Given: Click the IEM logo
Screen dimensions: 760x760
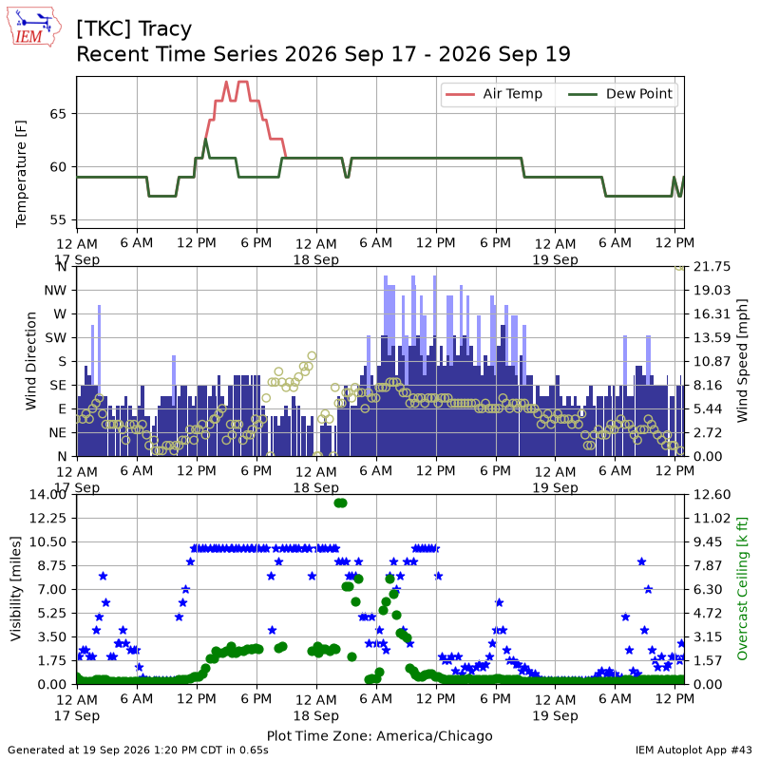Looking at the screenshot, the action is click(33, 27).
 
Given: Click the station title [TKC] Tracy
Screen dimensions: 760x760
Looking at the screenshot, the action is click(134, 29).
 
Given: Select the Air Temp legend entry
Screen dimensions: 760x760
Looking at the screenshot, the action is click(494, 94).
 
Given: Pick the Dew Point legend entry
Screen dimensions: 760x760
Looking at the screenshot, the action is click(621, 94).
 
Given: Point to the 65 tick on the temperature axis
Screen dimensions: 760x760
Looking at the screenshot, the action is click(58, 114).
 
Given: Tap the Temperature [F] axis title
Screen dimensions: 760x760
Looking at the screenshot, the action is click(21, 174).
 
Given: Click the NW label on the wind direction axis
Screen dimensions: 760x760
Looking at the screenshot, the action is click(55, 291).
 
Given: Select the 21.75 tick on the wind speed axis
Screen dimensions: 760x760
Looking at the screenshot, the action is click(712, 267).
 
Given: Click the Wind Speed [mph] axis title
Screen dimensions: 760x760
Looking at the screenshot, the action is click(742, 361).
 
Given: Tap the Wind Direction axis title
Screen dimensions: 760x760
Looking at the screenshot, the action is click(31, 361).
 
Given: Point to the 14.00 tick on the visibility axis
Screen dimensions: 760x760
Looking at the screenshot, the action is click(47, 494).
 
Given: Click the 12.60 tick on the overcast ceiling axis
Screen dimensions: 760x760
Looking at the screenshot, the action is click(712, 494).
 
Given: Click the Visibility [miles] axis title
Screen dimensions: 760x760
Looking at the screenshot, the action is click(16, 589).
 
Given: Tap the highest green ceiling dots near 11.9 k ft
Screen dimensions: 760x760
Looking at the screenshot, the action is click(341, 503).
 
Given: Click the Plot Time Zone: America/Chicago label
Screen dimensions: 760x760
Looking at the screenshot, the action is click(379, 735).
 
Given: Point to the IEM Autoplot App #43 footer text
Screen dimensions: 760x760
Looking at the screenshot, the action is click(693, 750).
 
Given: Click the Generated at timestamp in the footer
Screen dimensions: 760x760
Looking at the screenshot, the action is click(138, 750).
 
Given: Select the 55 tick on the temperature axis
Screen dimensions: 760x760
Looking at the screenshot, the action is click(58, 220).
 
